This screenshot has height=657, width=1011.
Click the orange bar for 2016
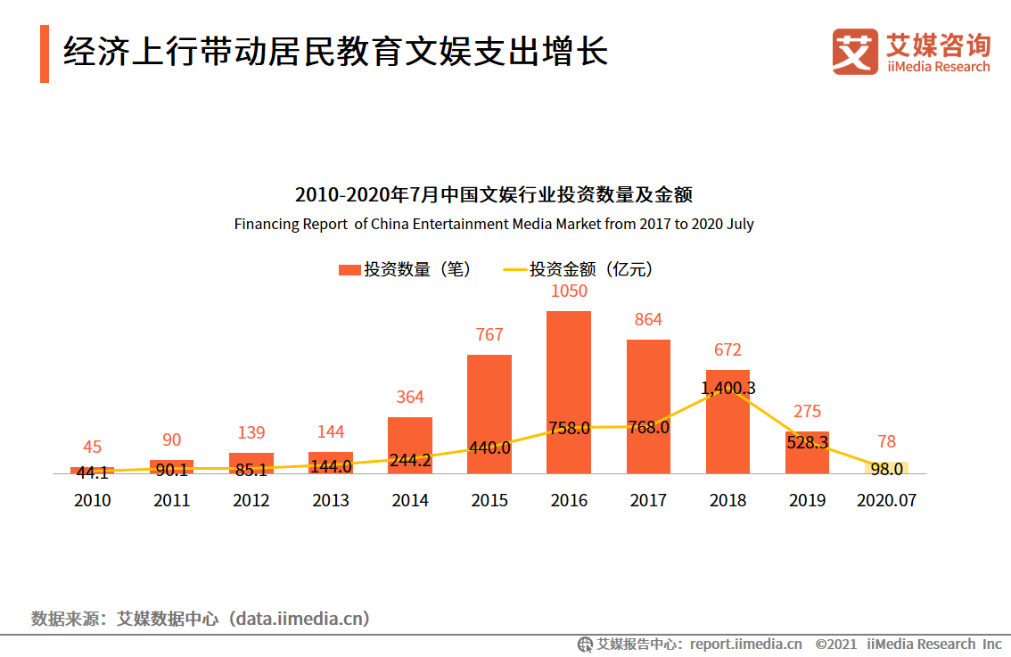tap(569, 392)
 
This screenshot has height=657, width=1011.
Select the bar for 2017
tap(648, 407)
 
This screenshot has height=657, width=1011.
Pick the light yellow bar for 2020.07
tap(886, 468)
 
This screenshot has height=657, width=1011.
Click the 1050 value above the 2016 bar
tap(569, 292)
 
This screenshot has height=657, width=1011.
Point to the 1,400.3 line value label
tap(727, 388)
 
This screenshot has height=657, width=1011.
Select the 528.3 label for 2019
tap(808, 441)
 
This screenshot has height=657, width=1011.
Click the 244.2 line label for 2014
tap(410, 461)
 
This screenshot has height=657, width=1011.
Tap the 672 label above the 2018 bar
tap(727, 350)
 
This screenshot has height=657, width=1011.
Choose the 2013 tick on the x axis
tap(331, 500)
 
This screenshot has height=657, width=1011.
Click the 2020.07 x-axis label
tap(886, 500)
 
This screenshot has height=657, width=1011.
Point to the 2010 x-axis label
tap(93, 500)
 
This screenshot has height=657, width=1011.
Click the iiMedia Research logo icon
tap(855, 51)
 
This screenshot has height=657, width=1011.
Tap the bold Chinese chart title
tap(494, 194)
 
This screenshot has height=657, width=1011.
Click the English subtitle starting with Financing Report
tap(494, 224)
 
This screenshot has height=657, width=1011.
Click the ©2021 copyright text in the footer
tap(836, 644)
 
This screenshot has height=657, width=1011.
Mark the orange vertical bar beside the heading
tap(45, 53)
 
